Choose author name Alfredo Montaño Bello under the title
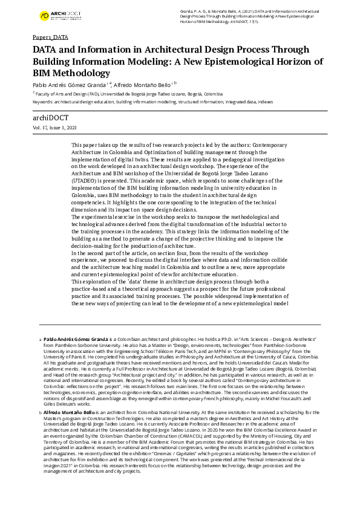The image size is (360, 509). [142, 85]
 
